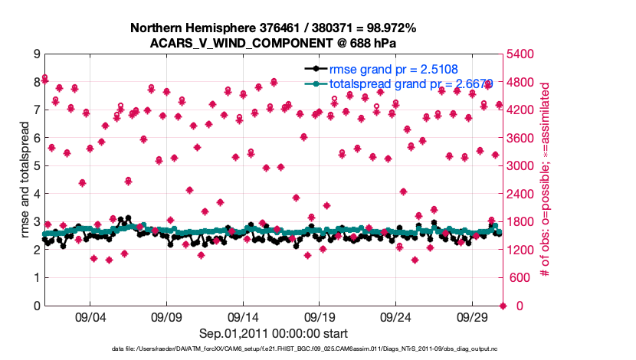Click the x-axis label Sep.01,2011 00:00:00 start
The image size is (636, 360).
point(274,333)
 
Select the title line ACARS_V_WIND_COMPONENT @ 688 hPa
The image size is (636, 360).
point(274,43)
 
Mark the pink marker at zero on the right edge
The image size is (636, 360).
point(503,306)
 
